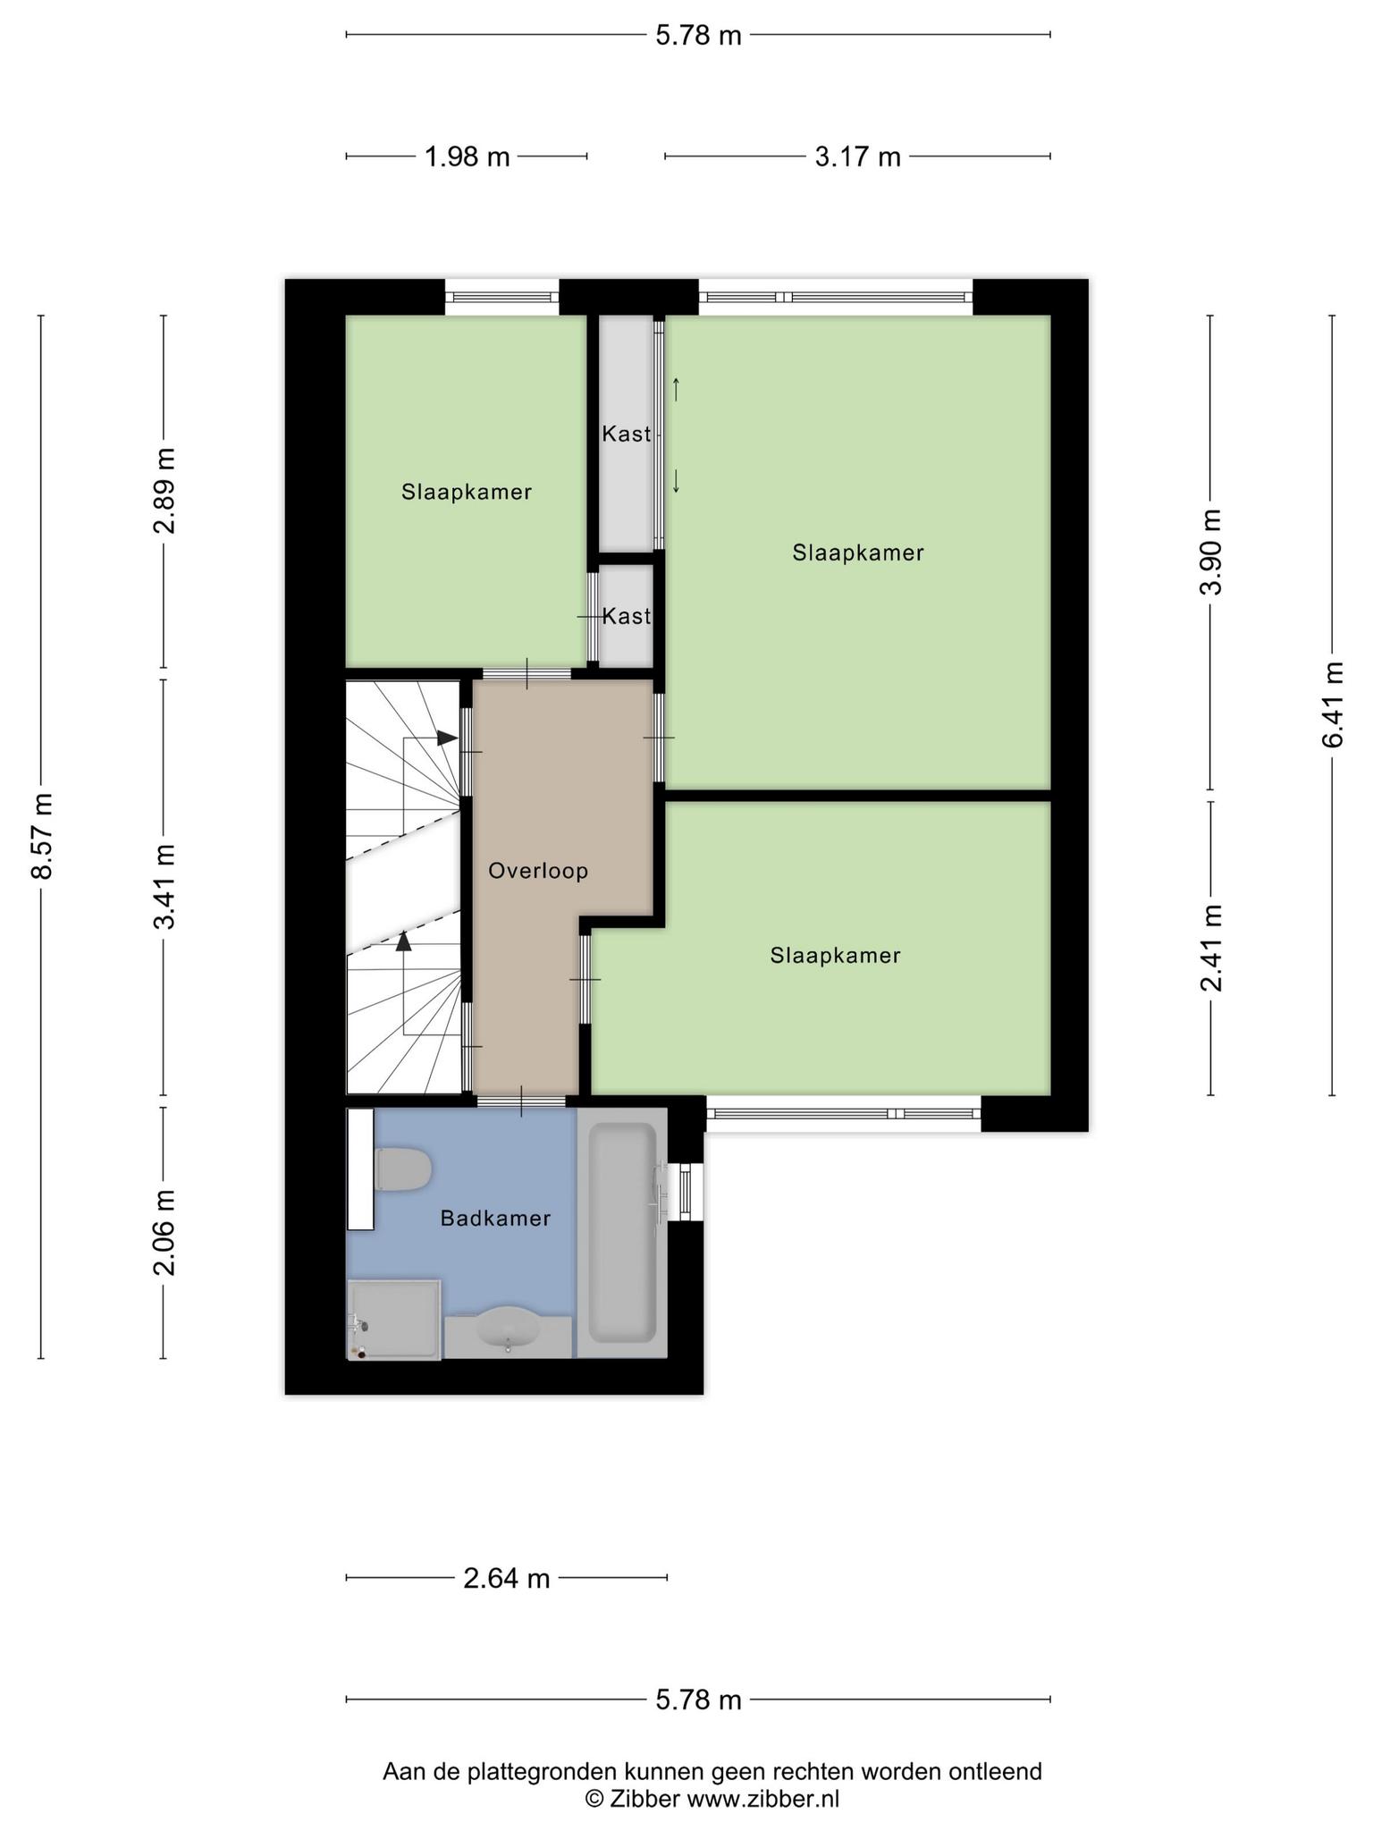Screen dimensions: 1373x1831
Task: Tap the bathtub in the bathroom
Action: pyautogui.click(x=622, y=1233)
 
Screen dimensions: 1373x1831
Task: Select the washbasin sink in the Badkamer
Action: pyautogui.click(x=508, y=1327)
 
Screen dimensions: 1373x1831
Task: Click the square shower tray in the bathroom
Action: pyautogui.click(x=394, y=1320)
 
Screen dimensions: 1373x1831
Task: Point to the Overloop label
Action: pyautogui.click(x=538, y=871)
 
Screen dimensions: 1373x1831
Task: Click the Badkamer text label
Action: pyautogui.click(x=495, y=1218)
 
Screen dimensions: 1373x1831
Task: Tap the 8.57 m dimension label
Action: pyautogui.click(x=42, y=836)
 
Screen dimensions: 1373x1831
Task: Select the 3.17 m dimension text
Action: pyautogui.click(x=857, y=157)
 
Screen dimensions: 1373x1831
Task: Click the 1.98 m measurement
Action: pyautogui.click(x=467, y=157)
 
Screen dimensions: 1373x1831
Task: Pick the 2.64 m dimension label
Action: pyautogui.click(x=506, y=1579)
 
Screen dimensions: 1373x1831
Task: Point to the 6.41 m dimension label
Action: pyautogui.click(x=1332, y=705)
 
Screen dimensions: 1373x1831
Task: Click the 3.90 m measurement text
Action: pyautogui.click(x=1210, y=552)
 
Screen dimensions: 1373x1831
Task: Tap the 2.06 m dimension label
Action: pyautogui.click(x=164, y=1233)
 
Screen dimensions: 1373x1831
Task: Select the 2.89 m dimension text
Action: pyautogui.click(x=164, y=490)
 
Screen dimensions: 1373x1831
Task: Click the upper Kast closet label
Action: pyautogui.click(x=626, y=434)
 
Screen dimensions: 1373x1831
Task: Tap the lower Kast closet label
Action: pyautogui.click(x=626, y=616)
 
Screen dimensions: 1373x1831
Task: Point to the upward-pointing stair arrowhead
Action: pyautogui.click(x=404, y=940)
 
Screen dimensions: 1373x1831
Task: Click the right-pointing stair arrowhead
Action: pyautogui.click(x=447, y=738)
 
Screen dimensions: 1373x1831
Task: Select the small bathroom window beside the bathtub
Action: pyautogui.click(x=686, y=1192)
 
